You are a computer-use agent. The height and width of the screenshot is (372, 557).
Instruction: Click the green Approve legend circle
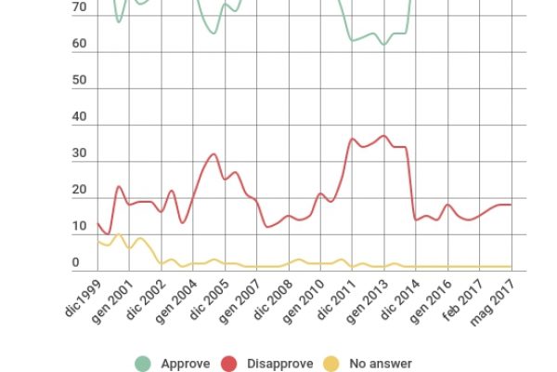144,364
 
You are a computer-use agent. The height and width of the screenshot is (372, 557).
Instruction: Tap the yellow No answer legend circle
331,364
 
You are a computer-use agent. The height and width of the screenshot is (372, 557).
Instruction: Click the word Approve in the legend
184,365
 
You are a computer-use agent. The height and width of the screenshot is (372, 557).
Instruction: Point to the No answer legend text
380,365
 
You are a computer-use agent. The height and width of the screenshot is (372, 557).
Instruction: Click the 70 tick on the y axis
79,8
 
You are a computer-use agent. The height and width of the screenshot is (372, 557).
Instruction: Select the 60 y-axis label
79,45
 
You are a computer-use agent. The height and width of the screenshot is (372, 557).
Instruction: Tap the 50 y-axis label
79,81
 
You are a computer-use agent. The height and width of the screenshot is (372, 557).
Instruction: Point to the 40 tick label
79,118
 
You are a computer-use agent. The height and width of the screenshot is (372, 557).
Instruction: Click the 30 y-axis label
79,154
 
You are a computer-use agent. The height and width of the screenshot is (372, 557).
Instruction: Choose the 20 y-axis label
79,191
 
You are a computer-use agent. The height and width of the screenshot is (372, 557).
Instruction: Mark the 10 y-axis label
79,228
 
